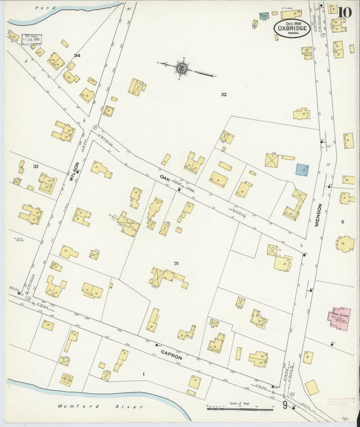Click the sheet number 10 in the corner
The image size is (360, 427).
coord(345,11)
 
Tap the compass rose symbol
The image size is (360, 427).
coord(181,68)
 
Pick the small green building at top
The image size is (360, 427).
coord(264,16)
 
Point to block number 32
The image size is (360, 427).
coord(223,95)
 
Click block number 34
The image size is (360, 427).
coord(77,55)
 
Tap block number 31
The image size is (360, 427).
coord(176,263)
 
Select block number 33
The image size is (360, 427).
coord(35,166)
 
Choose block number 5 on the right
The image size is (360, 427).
coord(342,222)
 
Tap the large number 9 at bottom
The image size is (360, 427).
coord(285,405)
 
